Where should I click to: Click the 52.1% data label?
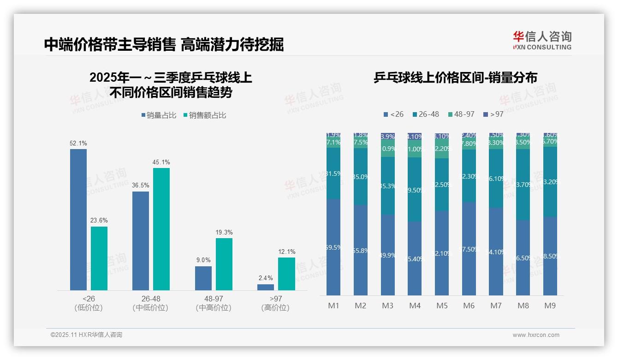point(78,144)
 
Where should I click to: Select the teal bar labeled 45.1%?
point(161,228)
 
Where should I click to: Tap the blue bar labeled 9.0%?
point(203,278)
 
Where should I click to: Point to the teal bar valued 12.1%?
point(286,274)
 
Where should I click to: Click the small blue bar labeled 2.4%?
point(266,287)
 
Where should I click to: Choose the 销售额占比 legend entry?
point(205,115)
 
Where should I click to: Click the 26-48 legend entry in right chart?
point(425,114)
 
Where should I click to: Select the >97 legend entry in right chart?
point(493,114)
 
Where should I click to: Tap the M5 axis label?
point(442,306)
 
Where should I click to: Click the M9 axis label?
point(550,306)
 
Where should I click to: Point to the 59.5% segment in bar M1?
point(333,247)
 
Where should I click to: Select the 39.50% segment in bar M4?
point(415,190)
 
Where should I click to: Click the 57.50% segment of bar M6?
point(469,249)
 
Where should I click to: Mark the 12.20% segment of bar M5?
point(442,149)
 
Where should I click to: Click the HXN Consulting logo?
point(542,41)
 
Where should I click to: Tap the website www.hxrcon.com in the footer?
point(536,335)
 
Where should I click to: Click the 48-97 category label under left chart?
point(213,303)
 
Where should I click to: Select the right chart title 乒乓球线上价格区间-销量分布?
point(455,78)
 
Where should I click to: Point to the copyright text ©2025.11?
point(86,335)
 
